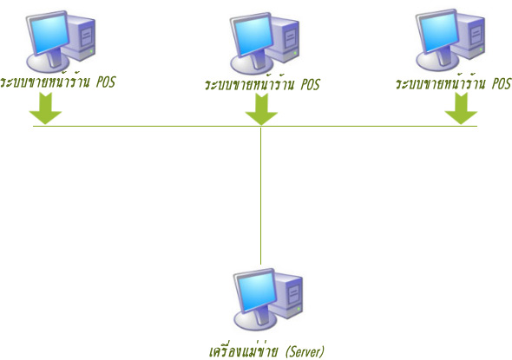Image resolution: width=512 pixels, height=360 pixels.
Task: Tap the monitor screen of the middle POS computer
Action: point(253,36)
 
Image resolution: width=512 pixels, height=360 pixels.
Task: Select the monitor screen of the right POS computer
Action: point(438,32)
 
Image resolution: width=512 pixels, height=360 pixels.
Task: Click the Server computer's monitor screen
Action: point(256,291)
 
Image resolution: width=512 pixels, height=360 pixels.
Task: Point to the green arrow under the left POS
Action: point(45,108)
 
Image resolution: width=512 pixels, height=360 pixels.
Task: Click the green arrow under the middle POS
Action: point(261,109)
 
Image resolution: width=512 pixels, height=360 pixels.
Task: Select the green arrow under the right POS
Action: point(461,108)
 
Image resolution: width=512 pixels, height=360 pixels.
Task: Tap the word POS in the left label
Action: point(106,82)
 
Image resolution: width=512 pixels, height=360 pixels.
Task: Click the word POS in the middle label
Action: point(310,84)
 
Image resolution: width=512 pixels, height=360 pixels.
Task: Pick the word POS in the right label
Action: point(502,83)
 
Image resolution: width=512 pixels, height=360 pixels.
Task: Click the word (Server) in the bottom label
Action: point(305,351)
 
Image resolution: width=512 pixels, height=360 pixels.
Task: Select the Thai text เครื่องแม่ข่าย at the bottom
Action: point(244,351)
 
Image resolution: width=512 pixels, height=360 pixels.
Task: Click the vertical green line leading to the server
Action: point(260,195)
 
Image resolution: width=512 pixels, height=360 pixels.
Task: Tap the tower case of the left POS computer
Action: point(80,38)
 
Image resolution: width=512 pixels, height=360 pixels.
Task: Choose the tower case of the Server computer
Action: point(287,297)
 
